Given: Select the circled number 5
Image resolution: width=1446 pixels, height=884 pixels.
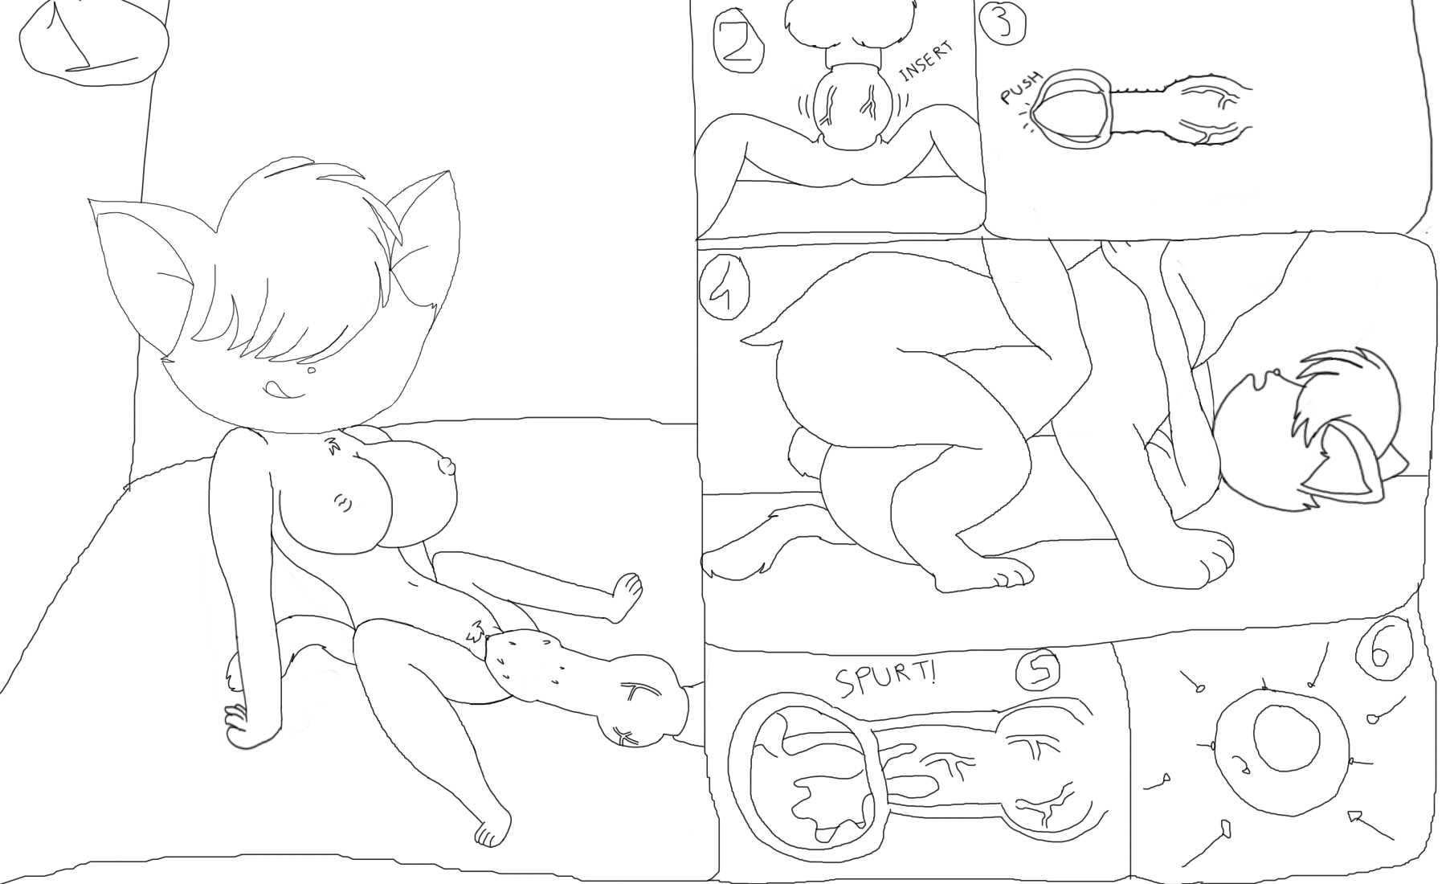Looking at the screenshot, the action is click(1040, 671).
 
